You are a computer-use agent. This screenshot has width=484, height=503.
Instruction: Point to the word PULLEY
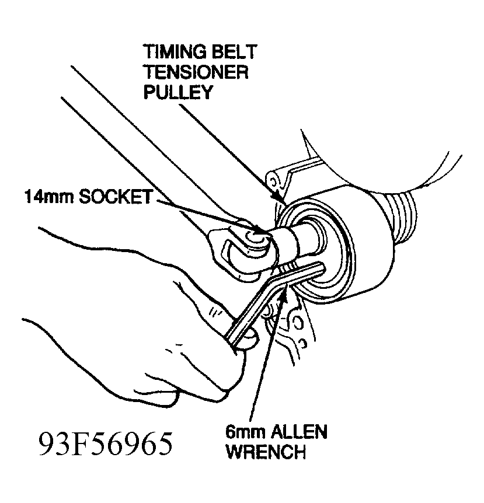point(177,93)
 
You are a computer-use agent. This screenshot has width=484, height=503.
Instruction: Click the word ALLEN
point(298,433)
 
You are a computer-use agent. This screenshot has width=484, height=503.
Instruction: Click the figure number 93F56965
point(106,445)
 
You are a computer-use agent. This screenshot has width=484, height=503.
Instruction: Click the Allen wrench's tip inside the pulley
point(321,266)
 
